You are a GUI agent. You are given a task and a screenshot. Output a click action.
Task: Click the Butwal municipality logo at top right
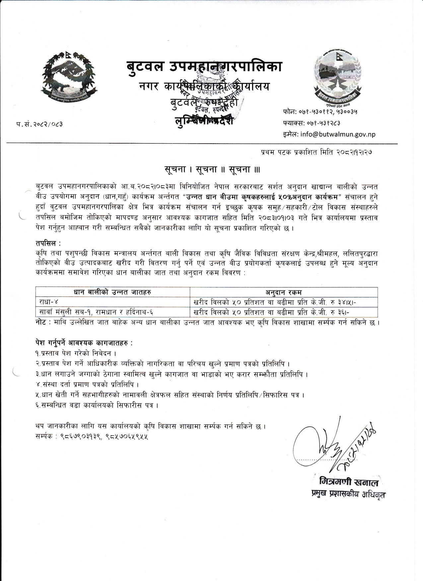coord(337,75)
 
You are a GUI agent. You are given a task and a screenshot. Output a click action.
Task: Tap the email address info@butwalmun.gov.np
coord(338,134)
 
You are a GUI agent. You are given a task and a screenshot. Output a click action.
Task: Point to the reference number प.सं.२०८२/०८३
coord(40,124)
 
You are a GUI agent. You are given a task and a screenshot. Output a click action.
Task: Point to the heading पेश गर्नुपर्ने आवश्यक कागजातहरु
coord(84,343)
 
